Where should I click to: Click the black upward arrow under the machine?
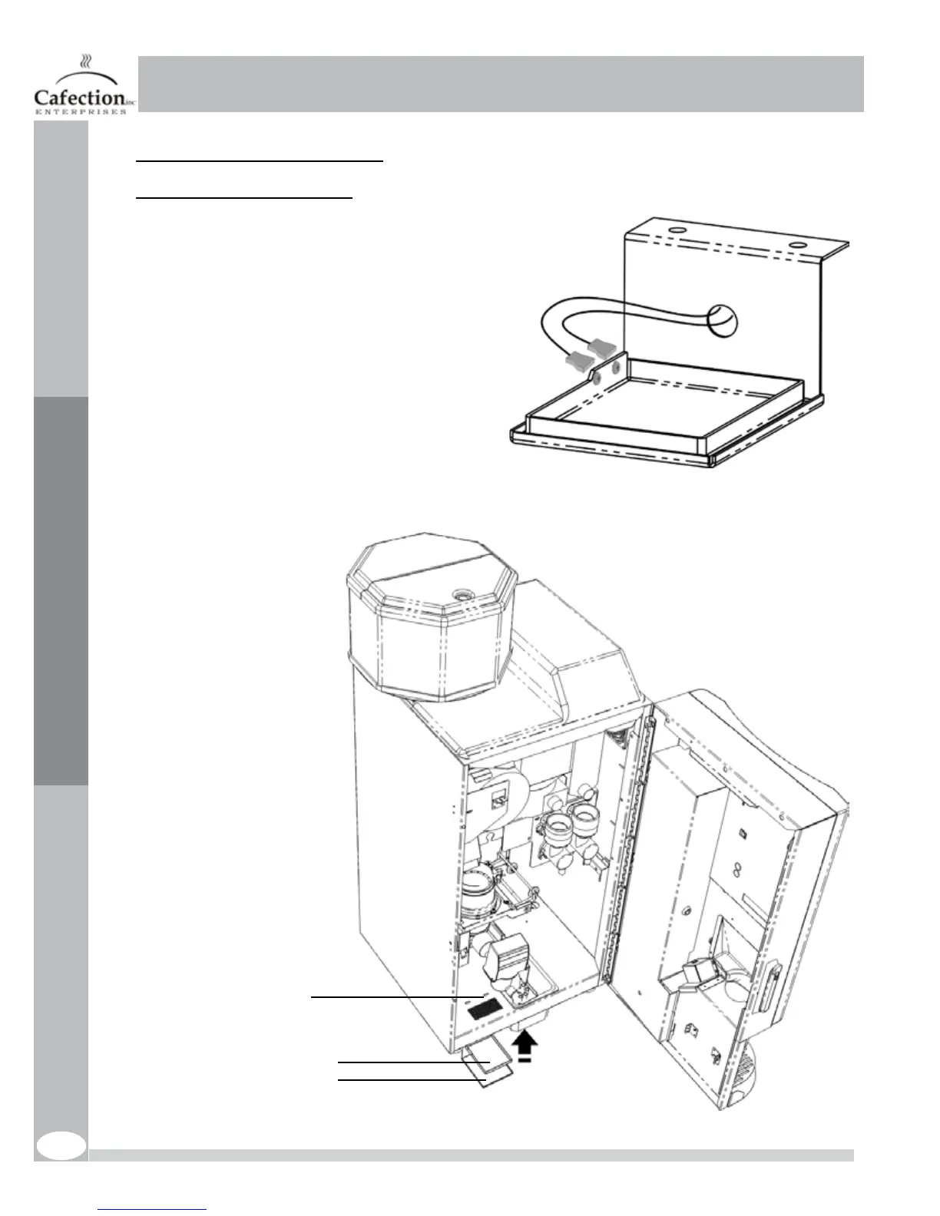pos(525,1043)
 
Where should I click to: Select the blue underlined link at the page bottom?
pos(153,1210)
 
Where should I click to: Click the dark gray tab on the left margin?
pos(61,590)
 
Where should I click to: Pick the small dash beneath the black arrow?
pos(524,1059)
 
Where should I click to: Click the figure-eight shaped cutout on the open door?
pos(737,870)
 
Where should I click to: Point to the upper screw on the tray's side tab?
pos(614,368)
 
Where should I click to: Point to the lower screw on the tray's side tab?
pos(597,377)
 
